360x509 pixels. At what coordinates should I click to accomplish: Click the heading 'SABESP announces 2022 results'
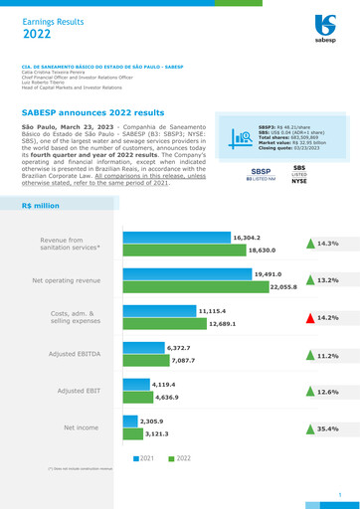pyautogui.click(x=99, y=114)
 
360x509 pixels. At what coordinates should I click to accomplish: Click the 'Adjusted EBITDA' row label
pyautogui.click(x=84, y=354)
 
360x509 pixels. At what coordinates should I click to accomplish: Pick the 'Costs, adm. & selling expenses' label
pyautogui.click(x=76, y=317)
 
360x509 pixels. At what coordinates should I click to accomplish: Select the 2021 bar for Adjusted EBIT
pyautogui.click(x=135, y=385)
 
